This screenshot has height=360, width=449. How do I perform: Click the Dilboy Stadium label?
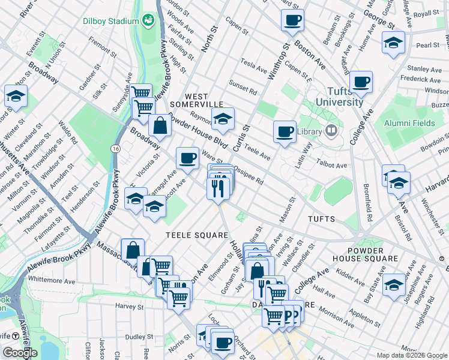111,22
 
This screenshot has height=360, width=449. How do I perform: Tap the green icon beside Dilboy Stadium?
148,22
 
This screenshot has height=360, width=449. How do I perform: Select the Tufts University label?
336,97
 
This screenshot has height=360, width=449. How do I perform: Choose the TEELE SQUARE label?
197,235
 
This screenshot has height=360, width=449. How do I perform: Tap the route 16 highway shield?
114,148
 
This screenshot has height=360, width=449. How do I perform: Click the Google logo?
20,352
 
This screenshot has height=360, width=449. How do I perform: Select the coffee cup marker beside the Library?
285,131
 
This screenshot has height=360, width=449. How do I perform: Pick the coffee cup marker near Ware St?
187,158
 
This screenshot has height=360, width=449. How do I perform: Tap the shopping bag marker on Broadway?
160,125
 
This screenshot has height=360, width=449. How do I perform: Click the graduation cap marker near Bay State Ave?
394,284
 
